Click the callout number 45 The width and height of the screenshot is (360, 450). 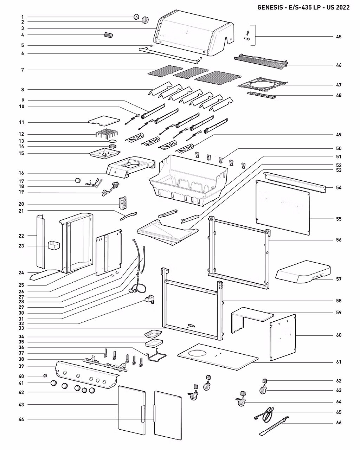(339, 37)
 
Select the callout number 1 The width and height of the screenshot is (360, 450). (22, 17)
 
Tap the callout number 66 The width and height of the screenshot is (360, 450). (339, 423)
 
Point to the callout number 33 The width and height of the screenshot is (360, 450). (21, 328)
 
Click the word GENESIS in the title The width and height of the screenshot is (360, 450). (270, 7)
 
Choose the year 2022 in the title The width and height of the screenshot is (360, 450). (342, 7)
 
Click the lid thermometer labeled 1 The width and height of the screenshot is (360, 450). (136, 17)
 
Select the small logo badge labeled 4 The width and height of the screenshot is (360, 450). (109, 35)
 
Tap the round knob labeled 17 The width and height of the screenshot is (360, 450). (78, 180)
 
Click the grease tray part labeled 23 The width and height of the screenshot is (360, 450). (54, 245)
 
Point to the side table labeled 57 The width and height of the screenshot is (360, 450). (303, 272)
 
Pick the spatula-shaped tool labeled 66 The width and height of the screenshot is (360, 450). (273, 426)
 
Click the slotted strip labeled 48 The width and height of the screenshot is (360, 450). (261, 95)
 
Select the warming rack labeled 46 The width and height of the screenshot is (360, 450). (261, 61)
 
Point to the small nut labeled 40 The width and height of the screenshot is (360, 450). (45, 376)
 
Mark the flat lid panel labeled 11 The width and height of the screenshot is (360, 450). (104, 121)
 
